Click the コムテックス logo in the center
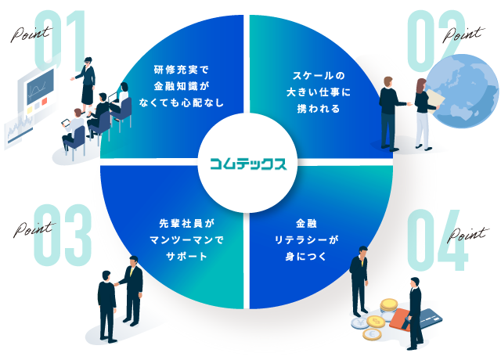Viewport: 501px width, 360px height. pyautogui.click(x=248, y=164)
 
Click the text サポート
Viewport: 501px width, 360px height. pyautogui.click(x=180, y=257)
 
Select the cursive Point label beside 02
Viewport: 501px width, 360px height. pyautogui.click(x=462, y=34)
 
